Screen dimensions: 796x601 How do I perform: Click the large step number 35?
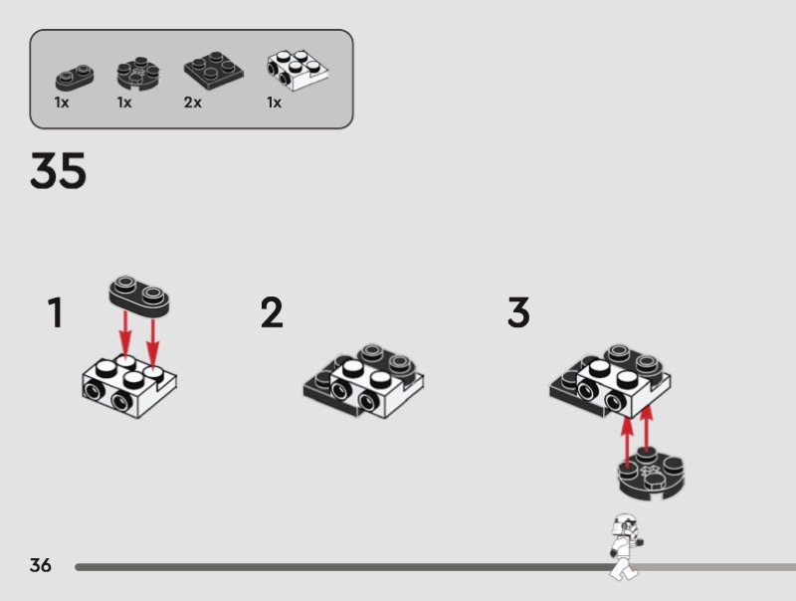tap(58, 170)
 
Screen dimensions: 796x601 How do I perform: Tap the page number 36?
tap(41, 565)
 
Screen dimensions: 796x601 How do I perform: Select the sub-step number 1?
tap(56, 312)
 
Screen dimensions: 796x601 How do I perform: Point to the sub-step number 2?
tap(272, 312)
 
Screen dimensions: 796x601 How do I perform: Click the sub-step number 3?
tap(518, 312)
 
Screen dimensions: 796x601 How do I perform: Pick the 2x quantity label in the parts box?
tap(192, 102)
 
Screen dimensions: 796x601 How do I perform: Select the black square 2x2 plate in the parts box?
tap(213, 70)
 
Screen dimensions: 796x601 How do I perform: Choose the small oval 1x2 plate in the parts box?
tap(75, 78)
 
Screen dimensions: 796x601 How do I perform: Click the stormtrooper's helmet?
tap(624, 524)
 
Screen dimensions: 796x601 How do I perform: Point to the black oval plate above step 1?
tap(139, 297)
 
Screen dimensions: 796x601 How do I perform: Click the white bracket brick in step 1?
tap(129, 386)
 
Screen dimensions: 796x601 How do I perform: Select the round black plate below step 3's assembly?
tap(652, 473)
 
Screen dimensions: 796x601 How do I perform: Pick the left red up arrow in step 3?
tap(628, 442)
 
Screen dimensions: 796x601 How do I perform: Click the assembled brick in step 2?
tap(363, 381)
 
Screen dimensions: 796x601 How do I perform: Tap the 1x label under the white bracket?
tap(275, 102)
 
